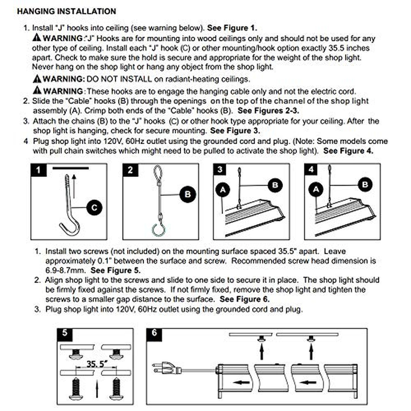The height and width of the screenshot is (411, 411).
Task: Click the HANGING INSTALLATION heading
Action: point(66,11)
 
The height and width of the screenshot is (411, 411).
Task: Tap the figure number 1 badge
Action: point(38,170)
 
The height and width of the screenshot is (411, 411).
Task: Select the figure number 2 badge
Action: point(130,170)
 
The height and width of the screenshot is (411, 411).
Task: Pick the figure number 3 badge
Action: point(220,170)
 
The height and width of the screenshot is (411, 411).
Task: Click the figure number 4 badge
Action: point(311,170)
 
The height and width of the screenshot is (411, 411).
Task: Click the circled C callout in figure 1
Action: point(95,208)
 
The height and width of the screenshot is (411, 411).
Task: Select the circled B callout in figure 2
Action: point(188,195)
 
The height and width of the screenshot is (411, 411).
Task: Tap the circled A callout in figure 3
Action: point(223,189)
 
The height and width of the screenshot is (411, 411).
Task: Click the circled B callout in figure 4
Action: point(365,185)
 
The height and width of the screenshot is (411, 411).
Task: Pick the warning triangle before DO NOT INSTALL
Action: point(37,79)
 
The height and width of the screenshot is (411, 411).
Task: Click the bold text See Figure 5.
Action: point(115,270)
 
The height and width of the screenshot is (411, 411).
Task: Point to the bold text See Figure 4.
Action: point(348,151)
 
